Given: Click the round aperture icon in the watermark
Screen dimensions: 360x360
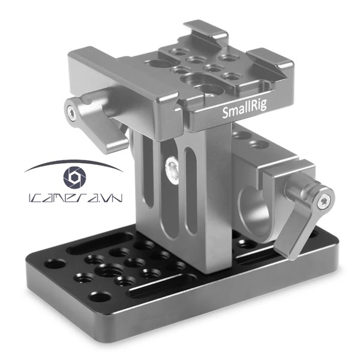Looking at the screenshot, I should [74, 177].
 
